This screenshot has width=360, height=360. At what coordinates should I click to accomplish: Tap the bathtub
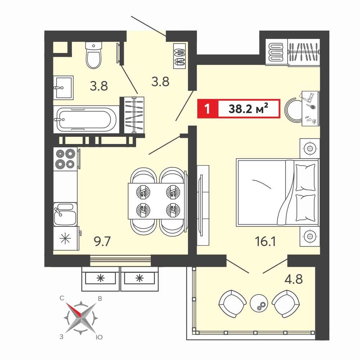click(86, 120)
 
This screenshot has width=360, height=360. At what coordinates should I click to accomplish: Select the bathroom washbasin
click(63, 88)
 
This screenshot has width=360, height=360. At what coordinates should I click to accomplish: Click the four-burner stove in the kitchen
click(65, 159)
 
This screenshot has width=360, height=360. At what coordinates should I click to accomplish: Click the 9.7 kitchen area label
click(102, 242)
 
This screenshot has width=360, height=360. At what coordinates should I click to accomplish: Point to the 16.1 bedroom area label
click(265, 242)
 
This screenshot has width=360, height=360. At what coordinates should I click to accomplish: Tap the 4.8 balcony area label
click(294, 279)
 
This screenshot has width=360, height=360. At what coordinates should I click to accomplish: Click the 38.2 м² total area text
click(248, 108)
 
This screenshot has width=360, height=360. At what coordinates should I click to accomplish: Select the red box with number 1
click(207, 108)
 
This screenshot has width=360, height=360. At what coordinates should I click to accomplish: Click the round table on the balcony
click(259, 303)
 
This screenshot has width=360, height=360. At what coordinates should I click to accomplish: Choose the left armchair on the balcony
click(232, 303)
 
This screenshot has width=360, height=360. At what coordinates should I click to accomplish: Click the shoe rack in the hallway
click(180, 56)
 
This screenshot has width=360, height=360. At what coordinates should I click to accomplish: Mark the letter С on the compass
click(62, 298)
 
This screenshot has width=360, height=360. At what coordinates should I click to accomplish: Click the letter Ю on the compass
click(99, 337)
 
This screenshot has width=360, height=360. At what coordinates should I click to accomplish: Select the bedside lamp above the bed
click(310, 149)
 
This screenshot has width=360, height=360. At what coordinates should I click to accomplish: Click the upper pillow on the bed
click(305, 177)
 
